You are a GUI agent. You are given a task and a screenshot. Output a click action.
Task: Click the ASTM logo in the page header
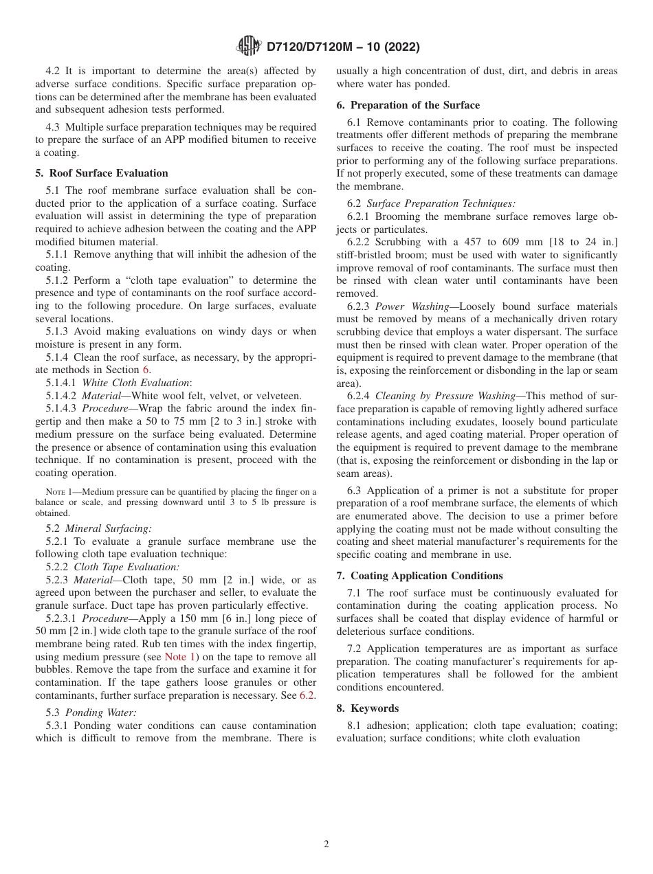[x=248, y=47]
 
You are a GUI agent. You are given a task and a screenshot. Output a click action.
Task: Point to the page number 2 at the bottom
[x=326, y=844]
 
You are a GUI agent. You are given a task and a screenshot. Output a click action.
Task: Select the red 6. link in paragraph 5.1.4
[x=146, y=370]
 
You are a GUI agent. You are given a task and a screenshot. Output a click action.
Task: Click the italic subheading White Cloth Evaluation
[x=136, y=383]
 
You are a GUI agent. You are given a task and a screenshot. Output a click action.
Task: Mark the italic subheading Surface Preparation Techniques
[x=441, y=203]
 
